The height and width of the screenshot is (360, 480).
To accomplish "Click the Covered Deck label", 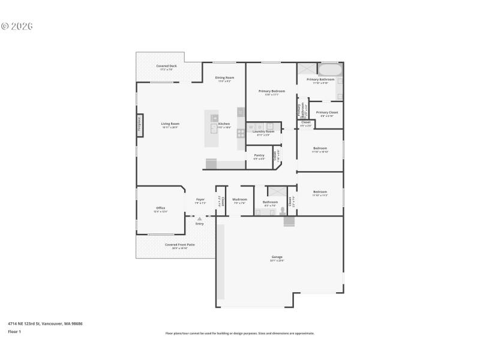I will pos(166,66).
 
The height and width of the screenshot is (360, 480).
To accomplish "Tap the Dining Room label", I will pos(224,77).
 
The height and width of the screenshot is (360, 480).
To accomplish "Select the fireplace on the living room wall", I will pos(139,124).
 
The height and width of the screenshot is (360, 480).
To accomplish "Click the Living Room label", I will pos(170,124).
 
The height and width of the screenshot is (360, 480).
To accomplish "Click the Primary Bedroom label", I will pos(272,91).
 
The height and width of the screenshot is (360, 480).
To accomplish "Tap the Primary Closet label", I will pos(327,112).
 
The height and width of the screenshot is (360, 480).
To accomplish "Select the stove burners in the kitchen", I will pos(241,133).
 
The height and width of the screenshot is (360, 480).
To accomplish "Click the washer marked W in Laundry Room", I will pos(251,126).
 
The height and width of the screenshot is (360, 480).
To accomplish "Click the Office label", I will pos(160,208).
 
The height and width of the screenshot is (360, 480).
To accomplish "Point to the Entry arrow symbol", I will pos(199,219).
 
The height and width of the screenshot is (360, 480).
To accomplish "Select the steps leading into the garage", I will pos(290,221).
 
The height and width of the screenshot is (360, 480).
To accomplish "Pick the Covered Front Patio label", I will pos(180,244).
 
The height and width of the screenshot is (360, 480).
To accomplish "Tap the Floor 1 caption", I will pos(14,331).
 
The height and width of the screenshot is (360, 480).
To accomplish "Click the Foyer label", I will pos(200,199).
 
